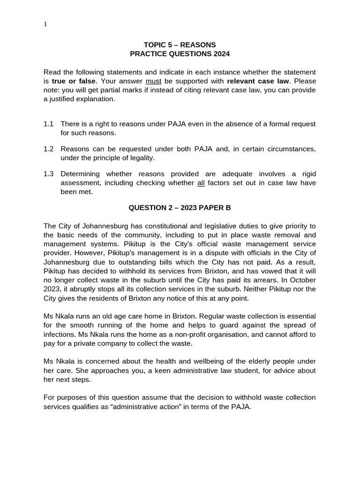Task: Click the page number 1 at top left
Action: [45, 24]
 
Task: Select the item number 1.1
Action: [49, 124]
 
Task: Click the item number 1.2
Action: [49, 149]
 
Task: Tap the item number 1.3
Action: [49, 174]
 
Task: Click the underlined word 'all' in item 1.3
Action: [201, 183]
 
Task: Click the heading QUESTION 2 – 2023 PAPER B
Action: [180, 208]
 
